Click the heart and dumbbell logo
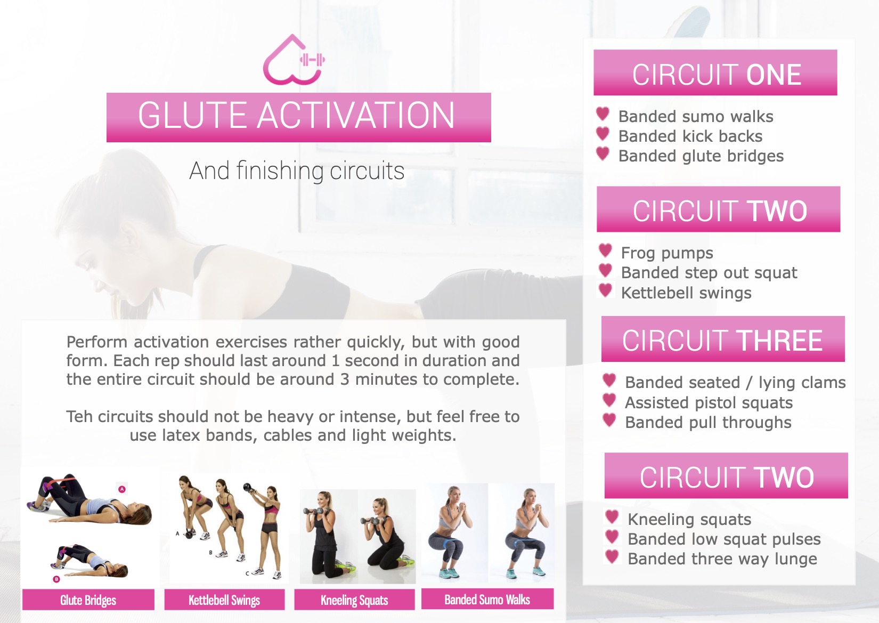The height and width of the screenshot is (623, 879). pos(294,60)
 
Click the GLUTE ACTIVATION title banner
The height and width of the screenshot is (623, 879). pos(299,117)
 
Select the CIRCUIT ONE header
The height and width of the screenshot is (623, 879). pos(715,72)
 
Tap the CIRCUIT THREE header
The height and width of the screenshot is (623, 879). pos(723,339)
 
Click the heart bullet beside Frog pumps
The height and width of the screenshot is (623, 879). pos(605,250)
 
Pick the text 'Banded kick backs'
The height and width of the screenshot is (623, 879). pos(690,136)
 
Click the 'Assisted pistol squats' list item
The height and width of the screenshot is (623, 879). pos(709,403)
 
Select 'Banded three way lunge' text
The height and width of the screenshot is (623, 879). pos(722,559)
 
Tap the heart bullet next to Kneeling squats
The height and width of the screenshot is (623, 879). pos(612,516)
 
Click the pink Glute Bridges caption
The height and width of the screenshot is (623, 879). pos(88,600)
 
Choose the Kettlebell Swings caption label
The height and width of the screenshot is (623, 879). pos(224,600)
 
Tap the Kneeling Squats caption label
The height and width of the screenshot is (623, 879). pos(354,600)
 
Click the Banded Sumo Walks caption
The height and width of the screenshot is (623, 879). pos(487,598)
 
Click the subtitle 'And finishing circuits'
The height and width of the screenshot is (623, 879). pos(297,171)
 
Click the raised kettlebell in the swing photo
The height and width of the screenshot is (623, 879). pos(248,488)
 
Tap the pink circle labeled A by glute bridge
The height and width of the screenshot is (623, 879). pos(122,489)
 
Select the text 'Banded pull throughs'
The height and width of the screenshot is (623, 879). pos(709,423)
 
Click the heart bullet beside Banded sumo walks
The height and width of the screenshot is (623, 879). pos(603,114)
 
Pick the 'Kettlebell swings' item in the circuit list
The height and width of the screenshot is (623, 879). pos(686,293)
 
